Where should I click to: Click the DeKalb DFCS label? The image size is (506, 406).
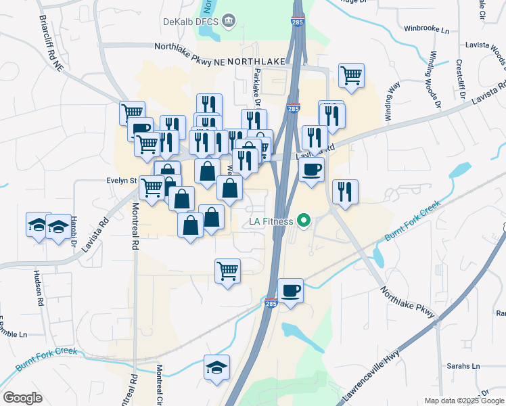191,21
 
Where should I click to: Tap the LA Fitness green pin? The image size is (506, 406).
304,221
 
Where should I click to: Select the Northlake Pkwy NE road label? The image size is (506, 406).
189,47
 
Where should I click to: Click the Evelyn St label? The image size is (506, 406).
122,181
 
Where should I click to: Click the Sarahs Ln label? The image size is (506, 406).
462,366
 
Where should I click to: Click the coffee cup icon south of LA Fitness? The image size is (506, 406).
290,291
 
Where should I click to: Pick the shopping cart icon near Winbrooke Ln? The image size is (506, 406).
351,74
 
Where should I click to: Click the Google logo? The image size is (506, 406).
22,398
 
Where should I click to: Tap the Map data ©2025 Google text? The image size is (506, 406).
464,401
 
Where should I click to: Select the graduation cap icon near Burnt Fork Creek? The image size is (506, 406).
216,367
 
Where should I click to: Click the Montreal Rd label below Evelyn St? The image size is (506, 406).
135,228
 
